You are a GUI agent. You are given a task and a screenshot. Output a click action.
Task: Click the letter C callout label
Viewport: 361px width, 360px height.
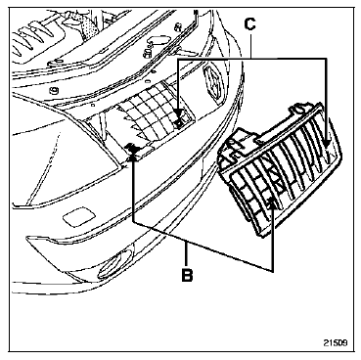tap(249, 23)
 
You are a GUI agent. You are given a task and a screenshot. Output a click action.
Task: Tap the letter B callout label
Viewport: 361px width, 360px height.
tap(187, 275)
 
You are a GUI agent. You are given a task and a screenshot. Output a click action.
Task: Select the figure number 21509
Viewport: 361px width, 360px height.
tap(336, 343)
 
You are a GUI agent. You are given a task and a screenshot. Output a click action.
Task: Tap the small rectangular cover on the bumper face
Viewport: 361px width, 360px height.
tap(79, 216)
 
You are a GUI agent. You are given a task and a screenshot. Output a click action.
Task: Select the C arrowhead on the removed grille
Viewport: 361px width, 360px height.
tap(327, 144)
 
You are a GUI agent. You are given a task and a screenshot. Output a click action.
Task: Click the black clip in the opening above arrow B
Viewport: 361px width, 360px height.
tap(133, 148)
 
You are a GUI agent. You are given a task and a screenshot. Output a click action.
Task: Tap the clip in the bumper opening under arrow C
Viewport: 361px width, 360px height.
tap(179, 122)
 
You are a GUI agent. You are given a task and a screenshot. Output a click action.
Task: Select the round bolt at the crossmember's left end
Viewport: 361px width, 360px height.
tap(53, 90)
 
